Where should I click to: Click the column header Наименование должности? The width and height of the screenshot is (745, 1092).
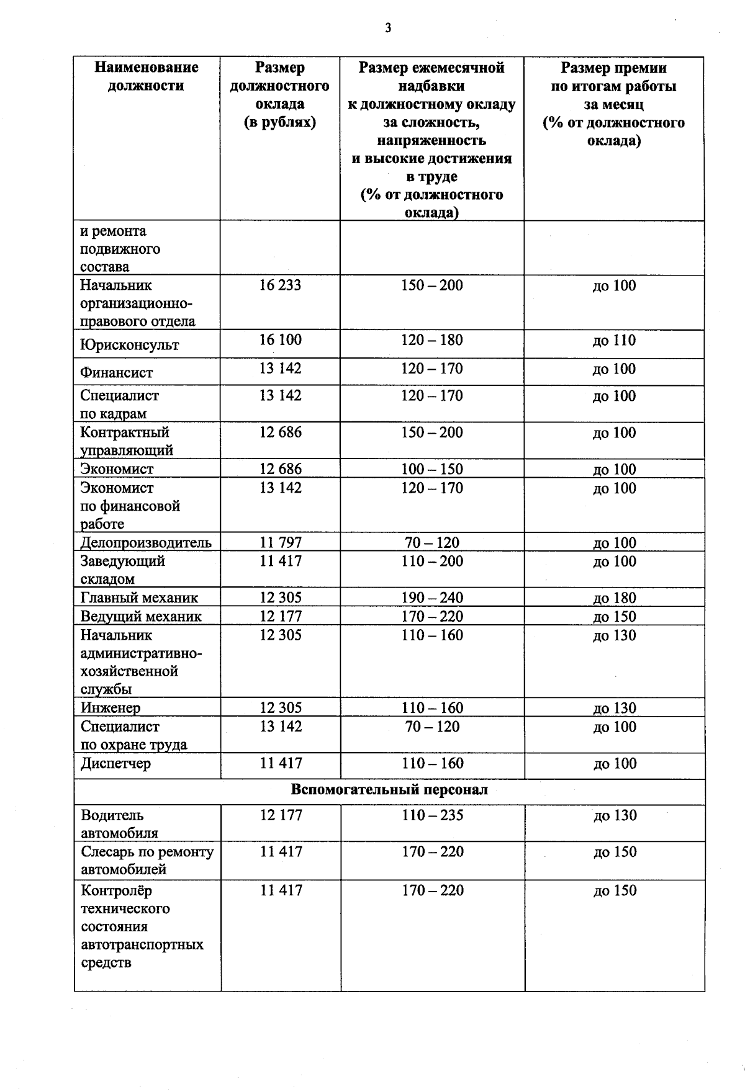tap(147, 76)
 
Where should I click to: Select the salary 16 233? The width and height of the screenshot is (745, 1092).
tap(280, 285)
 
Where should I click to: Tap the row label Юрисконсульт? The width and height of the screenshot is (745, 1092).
tap(129, 345)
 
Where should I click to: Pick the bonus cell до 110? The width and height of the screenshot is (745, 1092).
tap(614, 341)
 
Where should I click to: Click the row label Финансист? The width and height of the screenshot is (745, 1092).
tap(116, 373)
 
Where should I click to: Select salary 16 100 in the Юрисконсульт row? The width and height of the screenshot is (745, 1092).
tap(280, 340)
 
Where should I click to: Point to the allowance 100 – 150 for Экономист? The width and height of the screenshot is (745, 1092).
tap(431, 469)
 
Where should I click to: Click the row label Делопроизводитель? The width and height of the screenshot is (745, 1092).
tap(146, 543)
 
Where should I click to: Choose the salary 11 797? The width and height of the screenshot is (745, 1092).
tap(280, 543)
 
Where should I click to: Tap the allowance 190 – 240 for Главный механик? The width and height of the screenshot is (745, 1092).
tap(431, 598)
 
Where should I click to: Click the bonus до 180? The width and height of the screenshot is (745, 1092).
tap(614, 598)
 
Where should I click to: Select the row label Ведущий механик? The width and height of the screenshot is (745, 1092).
tap(141, 617)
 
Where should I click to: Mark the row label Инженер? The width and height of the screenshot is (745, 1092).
tap(111, 708)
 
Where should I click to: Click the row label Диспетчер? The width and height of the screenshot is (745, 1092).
tap(115, 764)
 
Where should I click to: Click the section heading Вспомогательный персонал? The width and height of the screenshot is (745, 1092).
tap(389, 790)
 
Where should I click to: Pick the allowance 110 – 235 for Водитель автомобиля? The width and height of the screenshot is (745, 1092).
tap(432, 815)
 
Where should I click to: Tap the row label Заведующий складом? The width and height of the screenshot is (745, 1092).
tap(122, 570)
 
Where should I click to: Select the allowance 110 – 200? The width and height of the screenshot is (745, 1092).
tap(431, 562)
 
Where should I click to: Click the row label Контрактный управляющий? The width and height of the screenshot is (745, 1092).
tap(127, 441)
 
